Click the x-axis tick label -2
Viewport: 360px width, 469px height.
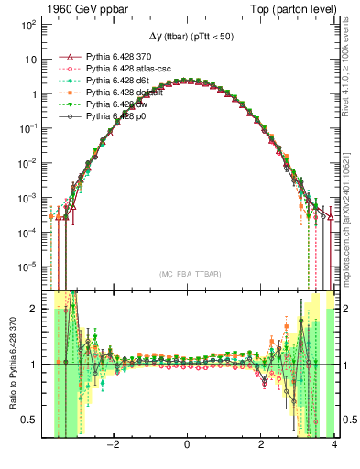[x=113, y=446]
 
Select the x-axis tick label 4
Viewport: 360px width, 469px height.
[x=334, y=446]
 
